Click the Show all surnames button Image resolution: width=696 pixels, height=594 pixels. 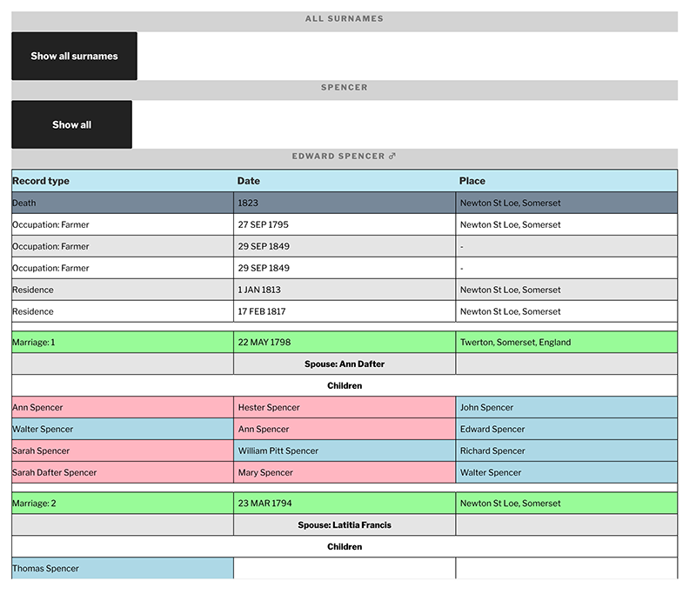pos(74,57)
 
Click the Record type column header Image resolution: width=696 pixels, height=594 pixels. pos(41,181)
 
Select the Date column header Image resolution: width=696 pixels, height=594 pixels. pos(249,181)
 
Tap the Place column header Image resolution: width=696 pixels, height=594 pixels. pos(472,181)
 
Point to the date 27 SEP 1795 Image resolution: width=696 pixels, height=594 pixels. pos(264,224)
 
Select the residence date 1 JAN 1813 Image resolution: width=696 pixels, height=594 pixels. pos(259,290)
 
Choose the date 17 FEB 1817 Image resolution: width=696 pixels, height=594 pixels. pos(262,311)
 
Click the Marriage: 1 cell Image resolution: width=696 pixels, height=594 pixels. pos(34,342)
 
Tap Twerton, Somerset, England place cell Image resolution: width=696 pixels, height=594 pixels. pos(515,342)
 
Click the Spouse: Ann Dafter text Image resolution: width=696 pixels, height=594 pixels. pos(345,364)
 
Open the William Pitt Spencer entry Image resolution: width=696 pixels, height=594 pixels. pos(278,451)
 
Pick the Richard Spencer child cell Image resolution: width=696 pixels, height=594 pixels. pos(492,451)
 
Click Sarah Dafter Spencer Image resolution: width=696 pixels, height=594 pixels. pos(54,472)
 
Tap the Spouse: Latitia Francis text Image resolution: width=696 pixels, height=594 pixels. pos(345,524)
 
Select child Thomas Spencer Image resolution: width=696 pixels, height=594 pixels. pos(45,568)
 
